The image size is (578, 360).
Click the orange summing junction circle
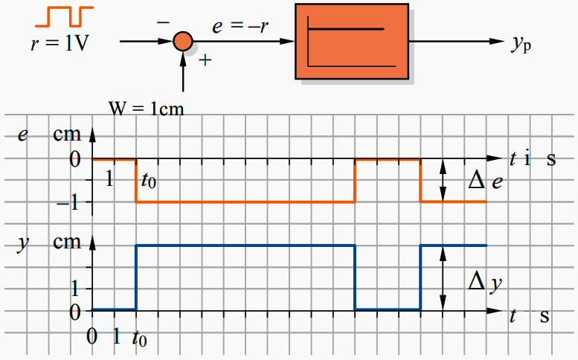(x=183, y=41)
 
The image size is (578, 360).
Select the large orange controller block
(x=352, y=41)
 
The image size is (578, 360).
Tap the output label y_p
(x=521, y=44)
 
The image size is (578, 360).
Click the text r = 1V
(x=60, y=43)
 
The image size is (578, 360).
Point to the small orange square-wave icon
(x=65, y=16)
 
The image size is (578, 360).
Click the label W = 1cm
(x=146, y=109)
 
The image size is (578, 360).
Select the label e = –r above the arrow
(x=240, y=26)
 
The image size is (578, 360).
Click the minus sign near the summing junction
(x=163, y=23)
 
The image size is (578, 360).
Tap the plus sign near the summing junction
(x=205, y=60)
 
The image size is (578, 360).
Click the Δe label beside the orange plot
(x=485, y=181)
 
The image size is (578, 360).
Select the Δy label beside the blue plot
(x=485, y=283)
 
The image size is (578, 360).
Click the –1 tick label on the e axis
(x=68, y=202)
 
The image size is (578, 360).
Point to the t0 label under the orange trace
(x=149, y=181)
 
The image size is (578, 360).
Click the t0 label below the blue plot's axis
(x=139, y=338)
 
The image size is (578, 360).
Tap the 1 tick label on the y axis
(x=75, y=289)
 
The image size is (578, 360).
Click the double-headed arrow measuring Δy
(x=443, y=278)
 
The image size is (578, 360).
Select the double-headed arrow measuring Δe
(x=443, y=181)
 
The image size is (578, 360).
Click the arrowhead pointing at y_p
(x=497, y=41)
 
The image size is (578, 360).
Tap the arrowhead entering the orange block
(x=287, y=41)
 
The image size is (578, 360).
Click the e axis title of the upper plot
(x=23, y=135)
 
